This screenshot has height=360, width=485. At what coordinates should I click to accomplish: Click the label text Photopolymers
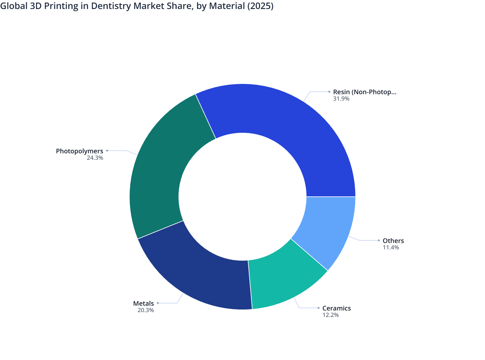click(79, 151)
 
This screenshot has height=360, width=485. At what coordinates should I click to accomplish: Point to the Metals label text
click(143, 303)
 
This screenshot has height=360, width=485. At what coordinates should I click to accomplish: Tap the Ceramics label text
click(336, 308)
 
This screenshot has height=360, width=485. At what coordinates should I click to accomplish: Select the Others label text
click(393, 241)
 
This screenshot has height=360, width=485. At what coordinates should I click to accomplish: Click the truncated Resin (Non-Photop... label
click(364, 92)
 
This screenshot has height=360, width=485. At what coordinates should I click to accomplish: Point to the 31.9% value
click(341, 99)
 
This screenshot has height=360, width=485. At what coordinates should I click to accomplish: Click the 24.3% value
click(95, 158)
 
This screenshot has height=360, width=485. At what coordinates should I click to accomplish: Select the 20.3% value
click(146, 310)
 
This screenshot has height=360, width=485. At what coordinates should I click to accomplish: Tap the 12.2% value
click(331, 315)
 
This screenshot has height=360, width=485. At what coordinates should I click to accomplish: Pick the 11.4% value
click(391, 248)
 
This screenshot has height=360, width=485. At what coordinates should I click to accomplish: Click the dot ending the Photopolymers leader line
click(107, 150)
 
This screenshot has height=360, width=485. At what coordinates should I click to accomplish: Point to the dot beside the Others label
click(379, 240)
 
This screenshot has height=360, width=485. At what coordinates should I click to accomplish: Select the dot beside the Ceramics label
click(318, 308)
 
